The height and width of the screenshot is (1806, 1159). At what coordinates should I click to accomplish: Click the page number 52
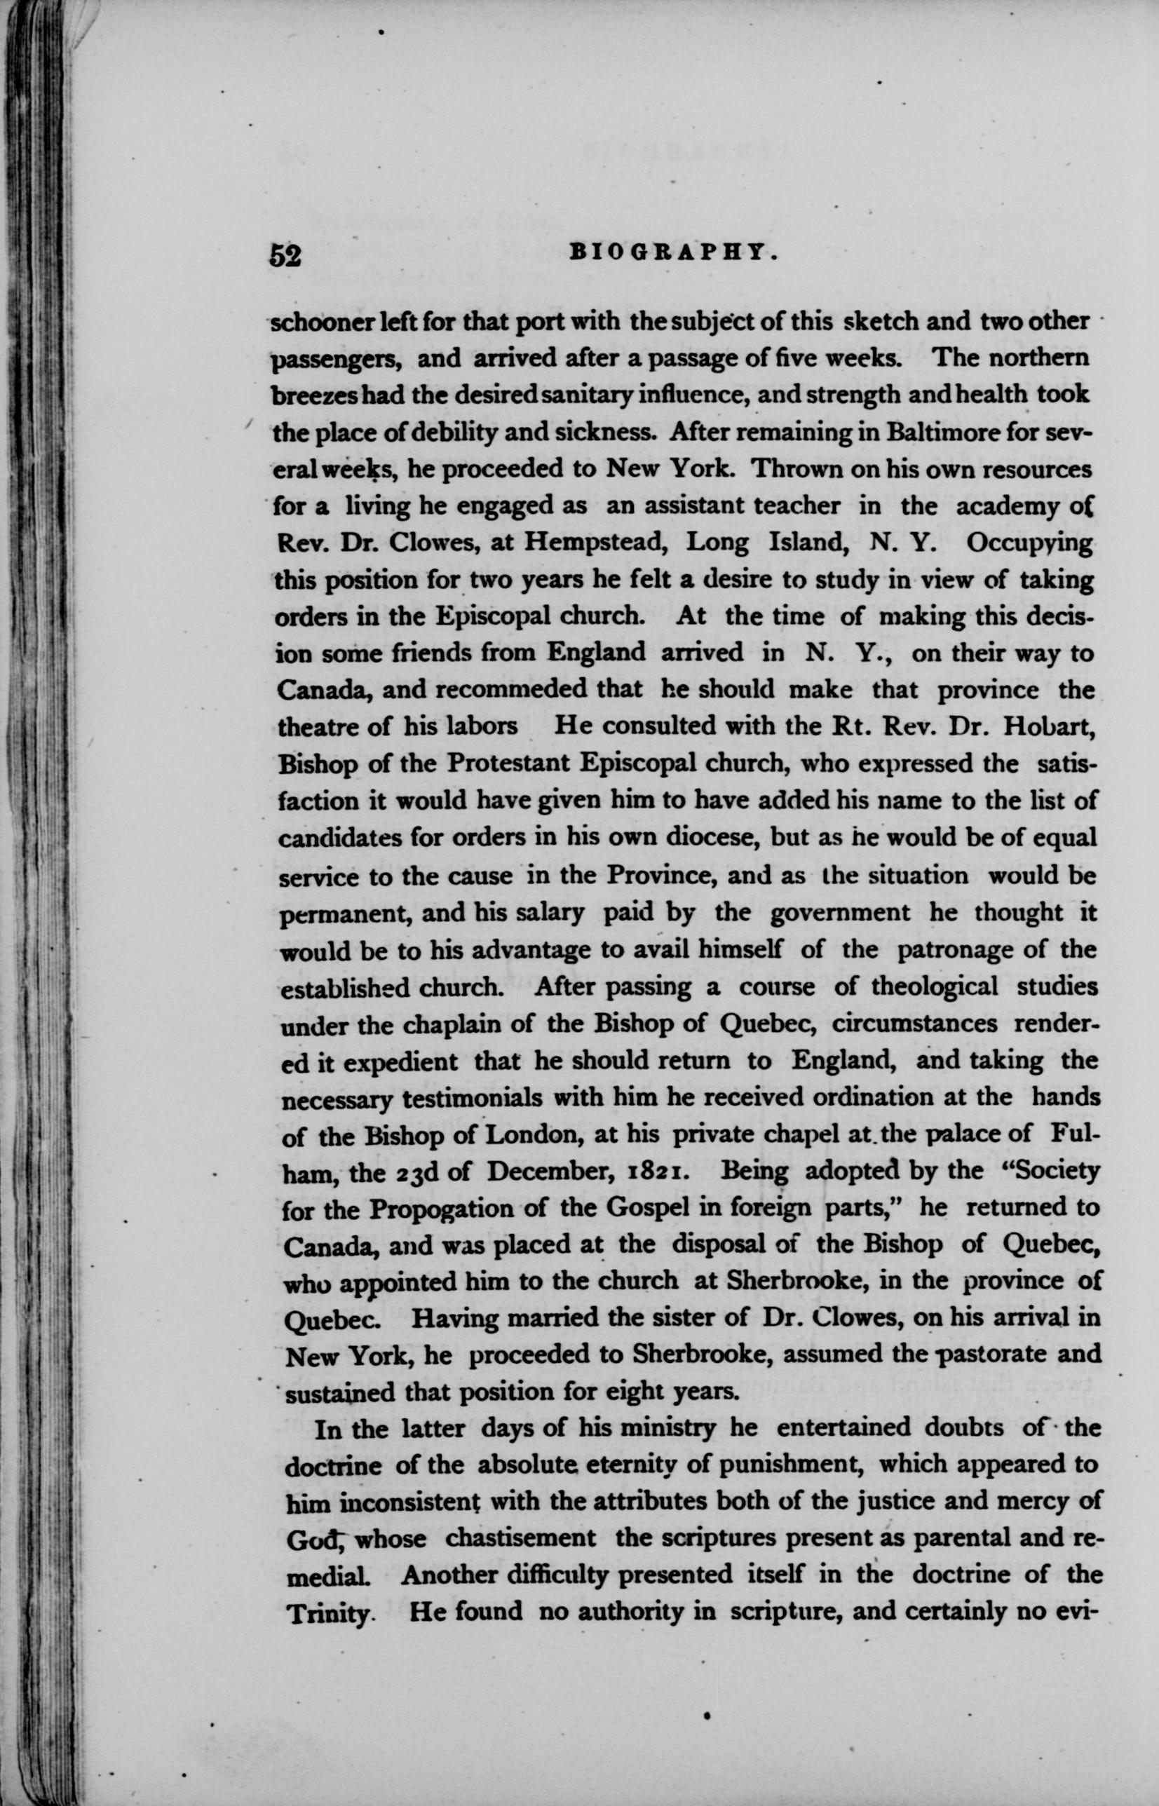point(286,256)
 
